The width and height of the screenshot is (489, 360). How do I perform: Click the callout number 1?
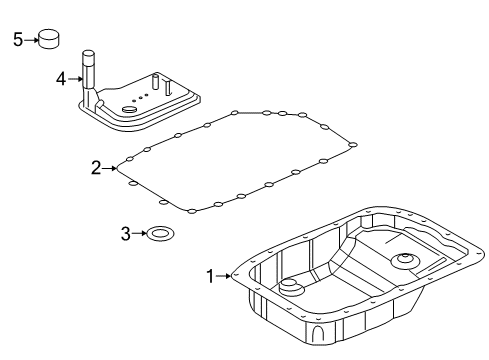tap(211, 276)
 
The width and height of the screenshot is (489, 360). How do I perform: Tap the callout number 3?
tap(126, 234)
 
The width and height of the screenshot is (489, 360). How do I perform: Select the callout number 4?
tap(61, 76)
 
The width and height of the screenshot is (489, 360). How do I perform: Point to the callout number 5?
tap(17, 39)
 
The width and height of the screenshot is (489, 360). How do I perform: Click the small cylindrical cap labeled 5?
tap(49, 39)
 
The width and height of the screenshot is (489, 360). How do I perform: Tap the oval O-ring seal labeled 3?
tap(158, 235)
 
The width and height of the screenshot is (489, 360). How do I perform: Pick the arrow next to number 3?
tap(139, 234)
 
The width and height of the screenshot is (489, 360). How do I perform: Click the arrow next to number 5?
tap(30, 39)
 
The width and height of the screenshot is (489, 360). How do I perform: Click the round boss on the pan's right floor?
tap(406, 263)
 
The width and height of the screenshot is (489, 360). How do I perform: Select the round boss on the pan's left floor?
tap(290, 288)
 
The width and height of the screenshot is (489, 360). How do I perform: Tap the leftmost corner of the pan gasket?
tap(119, 167)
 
